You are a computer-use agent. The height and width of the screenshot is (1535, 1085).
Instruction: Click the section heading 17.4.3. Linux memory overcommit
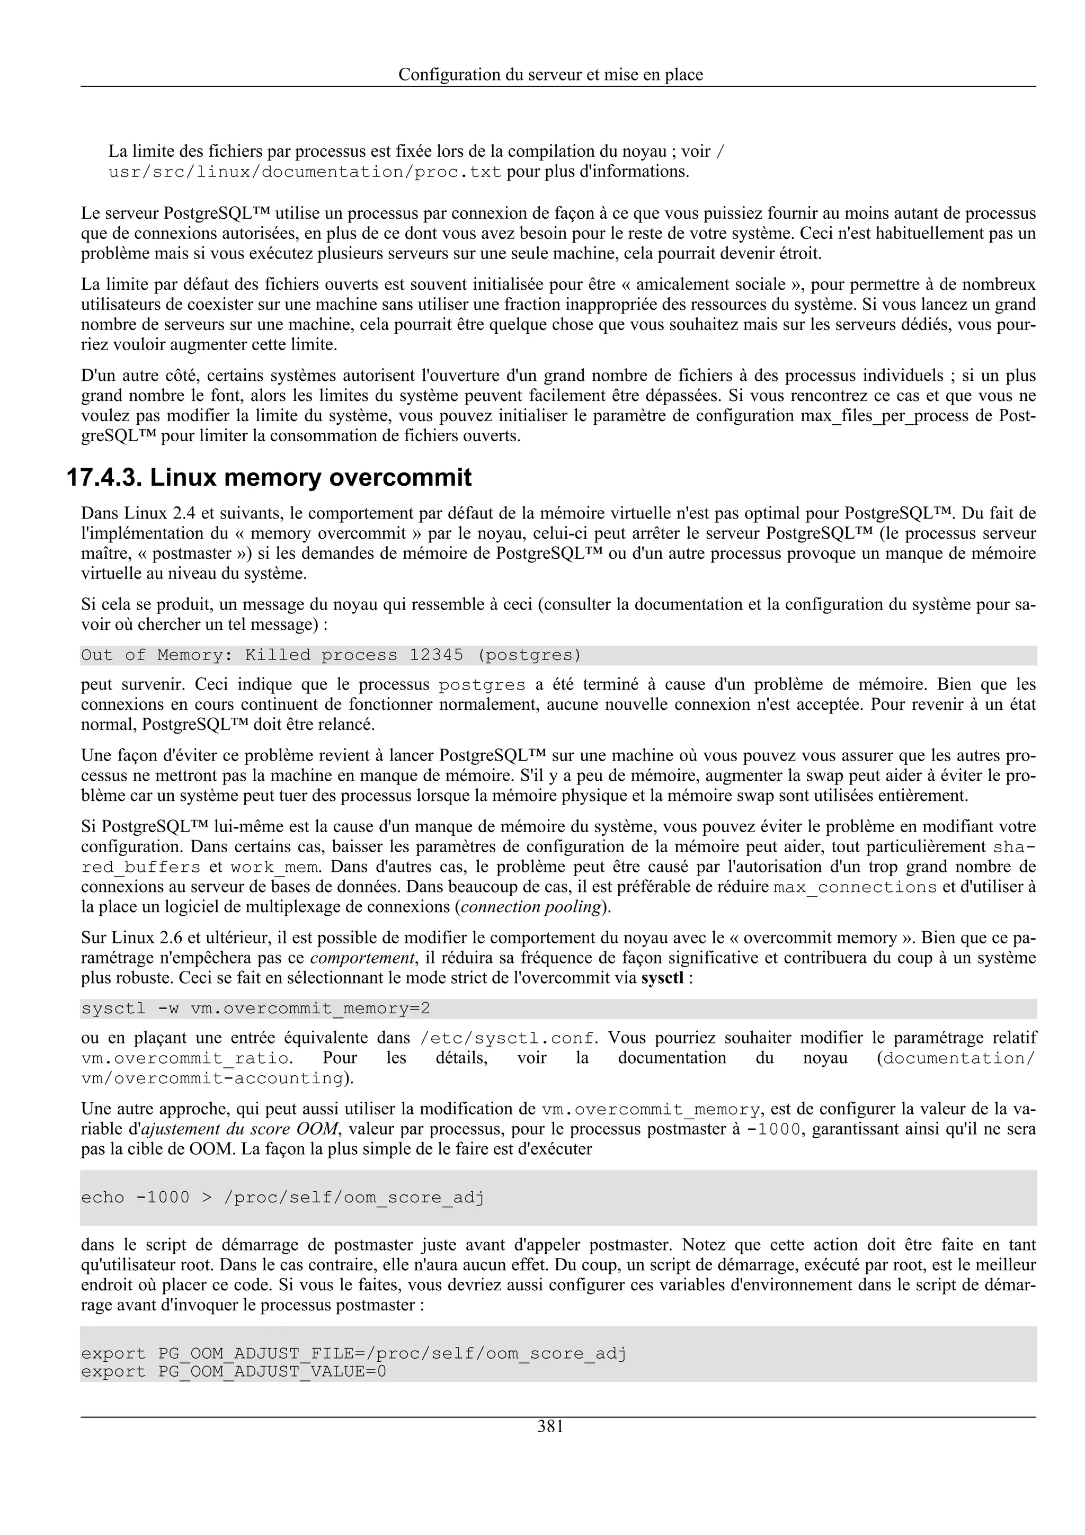(269, 477)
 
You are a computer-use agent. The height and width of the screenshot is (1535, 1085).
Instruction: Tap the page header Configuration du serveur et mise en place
(550, 74)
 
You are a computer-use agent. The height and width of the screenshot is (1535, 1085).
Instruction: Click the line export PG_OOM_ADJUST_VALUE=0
(233, 1371)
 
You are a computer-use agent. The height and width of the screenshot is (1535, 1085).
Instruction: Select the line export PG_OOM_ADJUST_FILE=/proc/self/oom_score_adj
(354, 1353)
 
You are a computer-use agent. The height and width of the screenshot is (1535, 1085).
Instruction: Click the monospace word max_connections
(855, 887)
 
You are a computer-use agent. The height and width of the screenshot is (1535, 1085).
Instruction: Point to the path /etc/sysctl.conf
(508, 1038)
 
